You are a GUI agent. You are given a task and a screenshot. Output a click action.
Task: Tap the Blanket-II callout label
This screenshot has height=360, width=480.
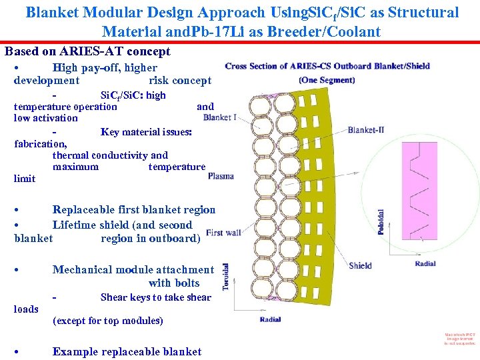click(x=366, y=130)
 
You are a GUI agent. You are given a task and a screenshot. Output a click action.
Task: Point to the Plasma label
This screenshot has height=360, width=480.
click(x=221, y=176)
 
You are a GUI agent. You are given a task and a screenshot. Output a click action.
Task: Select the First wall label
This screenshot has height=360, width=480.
click(x=223, y=233)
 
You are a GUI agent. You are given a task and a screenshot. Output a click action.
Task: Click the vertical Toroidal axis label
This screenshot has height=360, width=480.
click(x=226, y=276)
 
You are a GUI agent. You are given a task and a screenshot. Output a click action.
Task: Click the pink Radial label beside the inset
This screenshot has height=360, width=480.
click(x=425, y=264)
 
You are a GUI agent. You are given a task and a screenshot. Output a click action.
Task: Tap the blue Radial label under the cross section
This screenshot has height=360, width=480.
click(x=270, y=320)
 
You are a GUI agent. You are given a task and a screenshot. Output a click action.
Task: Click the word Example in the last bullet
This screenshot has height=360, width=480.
click(x=75, y=352)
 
